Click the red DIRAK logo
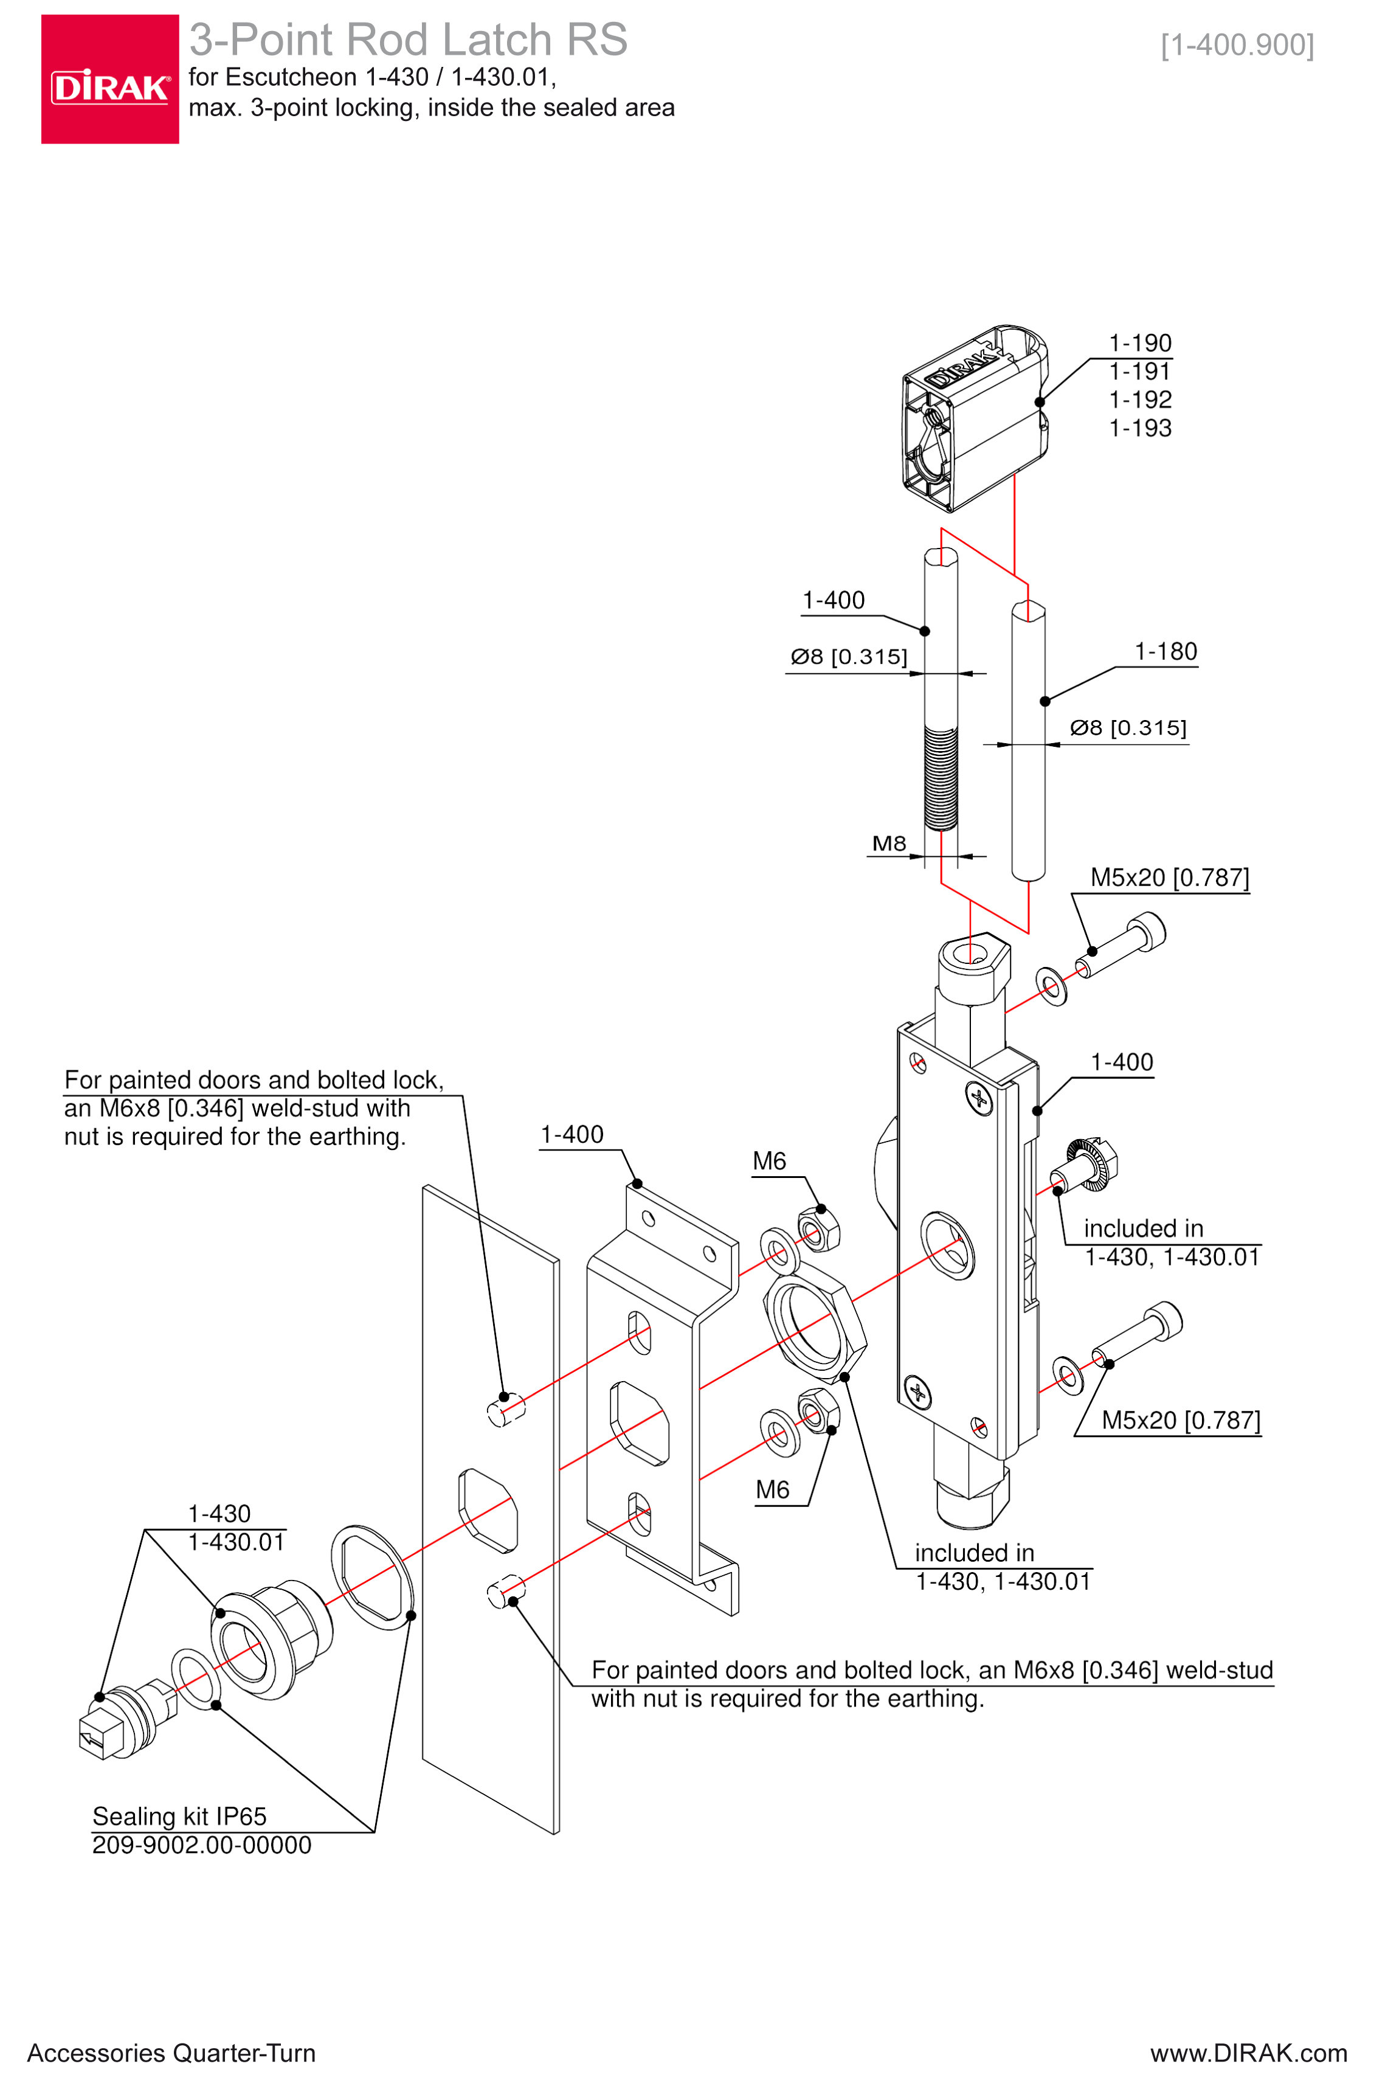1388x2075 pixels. click(x=110, y=79)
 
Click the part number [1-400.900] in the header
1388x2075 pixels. click(x=1237, y=44)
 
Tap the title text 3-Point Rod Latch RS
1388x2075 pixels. click(x=408, y=40)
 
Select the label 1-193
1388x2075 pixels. click(x=1140, y=429)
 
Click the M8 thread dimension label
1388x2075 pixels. click(x=889, y=843)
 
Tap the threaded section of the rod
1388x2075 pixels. click(x=941, y=777)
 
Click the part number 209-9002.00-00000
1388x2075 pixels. click(x=202, y=1845)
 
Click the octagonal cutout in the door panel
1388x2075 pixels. click(x=487, y=1510)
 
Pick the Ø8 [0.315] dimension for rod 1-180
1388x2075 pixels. click(x=1128, y=728)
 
